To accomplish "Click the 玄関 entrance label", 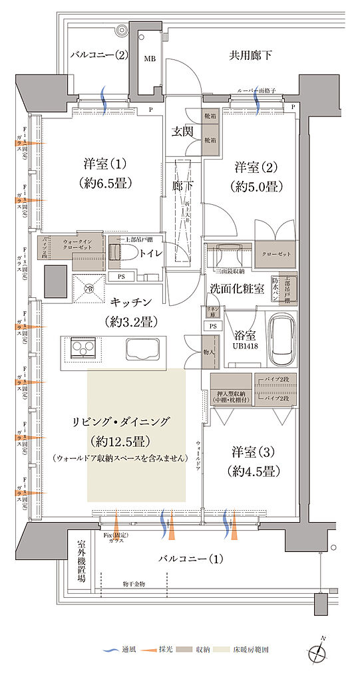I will point(183,131).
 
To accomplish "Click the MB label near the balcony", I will point(150,59).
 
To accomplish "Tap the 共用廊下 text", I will point(251,55).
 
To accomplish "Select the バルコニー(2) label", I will point(99,55).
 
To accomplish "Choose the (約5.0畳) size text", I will point(253,186).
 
